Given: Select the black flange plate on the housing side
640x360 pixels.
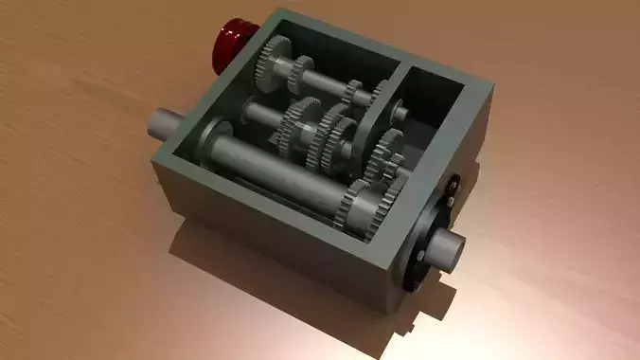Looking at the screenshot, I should coord(425,236).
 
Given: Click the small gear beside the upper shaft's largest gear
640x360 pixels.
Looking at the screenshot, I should coord(303,69).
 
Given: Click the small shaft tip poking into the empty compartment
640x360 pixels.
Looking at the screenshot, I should coord(400,113).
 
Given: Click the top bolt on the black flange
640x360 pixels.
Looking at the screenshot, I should coord(453,183).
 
